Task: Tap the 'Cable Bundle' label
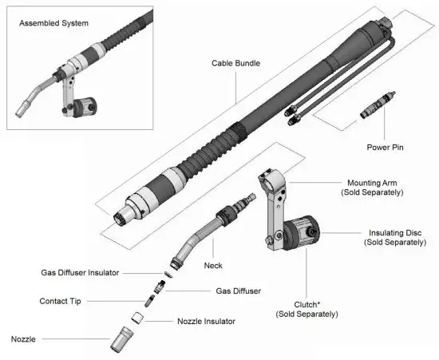[235, 63]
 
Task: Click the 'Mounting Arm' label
[373, 183]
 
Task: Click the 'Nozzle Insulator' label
[205, 322]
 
